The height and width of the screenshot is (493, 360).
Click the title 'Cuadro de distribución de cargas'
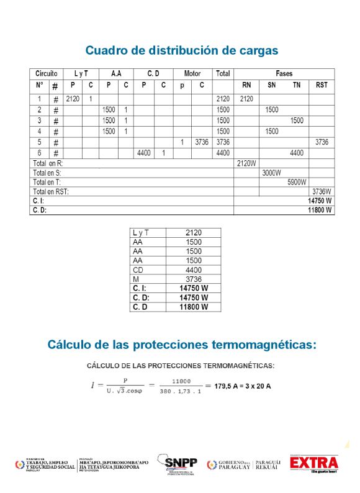click(181, 50)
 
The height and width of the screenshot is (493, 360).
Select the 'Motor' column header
click(192, 73)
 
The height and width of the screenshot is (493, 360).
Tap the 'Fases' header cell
click(284, 73)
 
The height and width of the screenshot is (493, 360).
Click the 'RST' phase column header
click(322, 85)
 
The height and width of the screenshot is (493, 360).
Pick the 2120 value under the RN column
click(246, 99)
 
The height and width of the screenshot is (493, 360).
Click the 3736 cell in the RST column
click(322, 142)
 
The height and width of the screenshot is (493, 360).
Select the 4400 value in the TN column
click(297, 153)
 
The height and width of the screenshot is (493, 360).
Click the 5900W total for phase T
click(297, 183)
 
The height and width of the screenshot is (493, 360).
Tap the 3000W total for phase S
click(271, 173)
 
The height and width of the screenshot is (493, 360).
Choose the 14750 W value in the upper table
click(320, 201)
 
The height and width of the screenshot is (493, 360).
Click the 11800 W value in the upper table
click(320, 210)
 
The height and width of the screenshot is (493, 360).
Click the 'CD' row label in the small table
click(138, 270)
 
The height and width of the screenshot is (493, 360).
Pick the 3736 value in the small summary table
click(193, 279)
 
